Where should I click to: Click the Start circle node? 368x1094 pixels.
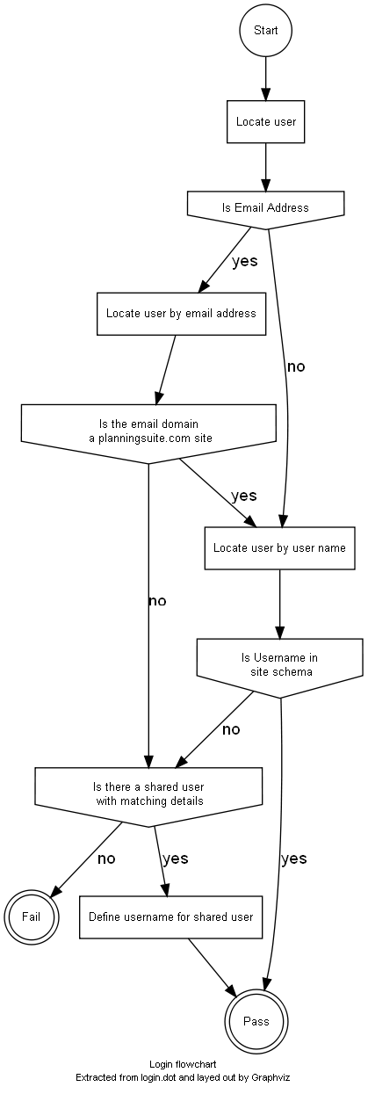265,30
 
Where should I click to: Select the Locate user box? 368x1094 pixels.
265,121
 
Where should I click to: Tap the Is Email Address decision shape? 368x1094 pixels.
265,210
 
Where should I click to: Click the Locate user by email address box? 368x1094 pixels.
181,314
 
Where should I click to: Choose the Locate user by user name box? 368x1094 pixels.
279,548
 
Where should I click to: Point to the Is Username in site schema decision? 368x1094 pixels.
280,668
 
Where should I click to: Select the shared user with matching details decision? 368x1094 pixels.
148,797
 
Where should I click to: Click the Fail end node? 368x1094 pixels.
32,916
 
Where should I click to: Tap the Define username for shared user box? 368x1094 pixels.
170,916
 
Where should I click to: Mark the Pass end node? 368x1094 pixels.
256,1021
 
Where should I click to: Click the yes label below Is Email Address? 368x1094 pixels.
244,261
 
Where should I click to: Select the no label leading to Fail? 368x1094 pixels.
106,859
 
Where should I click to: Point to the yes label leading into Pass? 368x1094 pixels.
294,859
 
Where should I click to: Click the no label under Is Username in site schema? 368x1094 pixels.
231,729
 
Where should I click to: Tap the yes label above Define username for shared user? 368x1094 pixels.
175,859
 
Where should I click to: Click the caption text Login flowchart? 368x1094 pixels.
183,1064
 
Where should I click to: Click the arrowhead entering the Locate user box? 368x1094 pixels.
265,95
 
